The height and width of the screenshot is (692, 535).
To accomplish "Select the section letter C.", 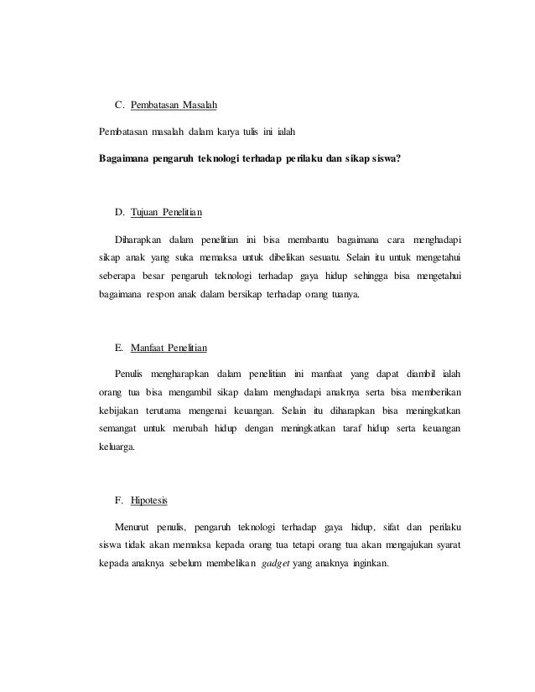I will coord(118,106).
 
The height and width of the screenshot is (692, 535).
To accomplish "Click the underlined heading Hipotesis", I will coord(150,500).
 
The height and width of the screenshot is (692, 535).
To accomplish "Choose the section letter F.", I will coord(118,500).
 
